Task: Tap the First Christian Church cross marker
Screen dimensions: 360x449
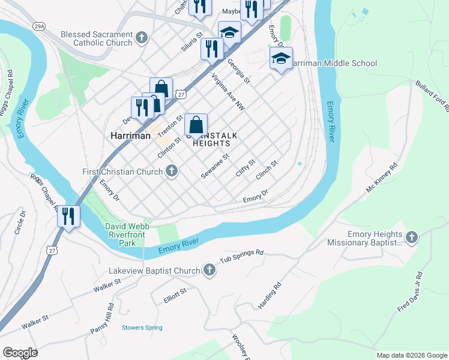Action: pyautogui.click(x=172, y=172)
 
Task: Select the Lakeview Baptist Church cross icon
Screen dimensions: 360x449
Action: pyautogui.click(x=209, y=271)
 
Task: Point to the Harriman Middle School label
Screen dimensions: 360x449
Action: pyautogui.click(x=334, y=64)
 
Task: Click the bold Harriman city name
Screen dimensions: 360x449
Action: pyautogui.click(x=130, y=136)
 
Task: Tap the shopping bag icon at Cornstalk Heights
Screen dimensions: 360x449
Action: pyautogui.click(x=196, y=126)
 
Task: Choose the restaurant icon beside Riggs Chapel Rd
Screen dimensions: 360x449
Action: pyautogui.click(x=69, y=216)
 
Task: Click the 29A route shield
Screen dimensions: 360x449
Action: pyautogui.click(x=39, y=26)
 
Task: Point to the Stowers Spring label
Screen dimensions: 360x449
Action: pyautogui.click(x=142, y=328)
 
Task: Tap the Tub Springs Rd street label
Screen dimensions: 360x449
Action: pyautogui.click(x=241, y=257)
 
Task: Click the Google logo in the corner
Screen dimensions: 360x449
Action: pyautogui.click(x=20, y=353)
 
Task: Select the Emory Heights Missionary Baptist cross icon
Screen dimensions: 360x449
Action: pyautogui.click(x=412, y=238)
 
